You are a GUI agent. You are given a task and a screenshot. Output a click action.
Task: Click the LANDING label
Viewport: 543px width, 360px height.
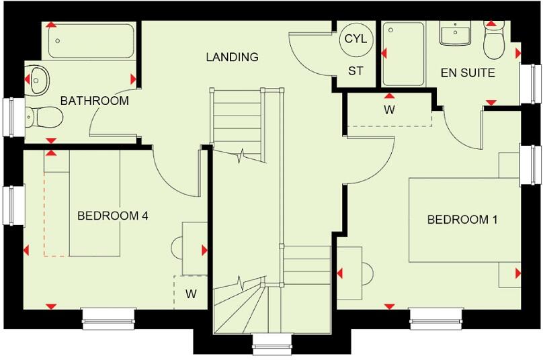pos(232,57)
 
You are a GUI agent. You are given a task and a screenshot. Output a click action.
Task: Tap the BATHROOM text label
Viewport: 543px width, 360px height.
pos(94,101)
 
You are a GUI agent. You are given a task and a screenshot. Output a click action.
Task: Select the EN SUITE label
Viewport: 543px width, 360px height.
pos(468,73)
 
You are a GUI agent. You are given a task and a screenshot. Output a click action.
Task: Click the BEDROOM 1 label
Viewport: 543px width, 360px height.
pos(463,220)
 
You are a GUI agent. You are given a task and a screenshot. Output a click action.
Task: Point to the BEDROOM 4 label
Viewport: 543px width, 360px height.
pos(112,216)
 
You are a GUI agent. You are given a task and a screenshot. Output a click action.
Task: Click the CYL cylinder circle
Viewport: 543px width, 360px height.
pos(356,39)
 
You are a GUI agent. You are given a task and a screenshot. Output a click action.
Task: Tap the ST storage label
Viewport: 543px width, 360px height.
pos(356,71)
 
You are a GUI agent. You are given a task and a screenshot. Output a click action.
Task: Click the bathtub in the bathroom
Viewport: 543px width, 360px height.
pos(90,42)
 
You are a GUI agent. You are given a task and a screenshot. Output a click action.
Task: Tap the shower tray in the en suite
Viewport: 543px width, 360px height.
pos(403,54)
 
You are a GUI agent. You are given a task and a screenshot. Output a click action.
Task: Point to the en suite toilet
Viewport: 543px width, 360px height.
pos(494,42)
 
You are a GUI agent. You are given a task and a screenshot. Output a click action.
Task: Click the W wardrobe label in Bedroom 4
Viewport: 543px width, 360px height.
pos(191,294)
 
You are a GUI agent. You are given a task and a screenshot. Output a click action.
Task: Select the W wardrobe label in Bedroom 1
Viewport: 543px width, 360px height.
pos(389,109)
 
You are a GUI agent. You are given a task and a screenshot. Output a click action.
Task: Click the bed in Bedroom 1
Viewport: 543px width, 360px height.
pos(464,220)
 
